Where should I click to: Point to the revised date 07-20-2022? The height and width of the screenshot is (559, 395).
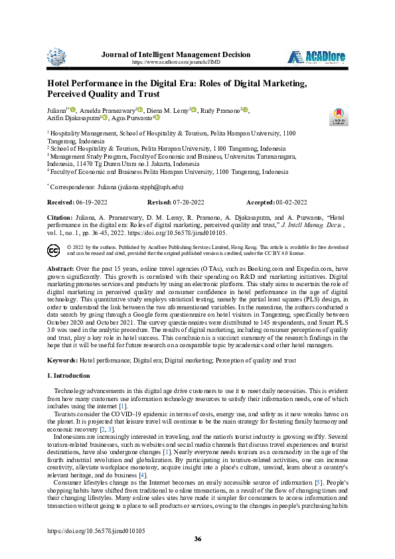click(189, 201)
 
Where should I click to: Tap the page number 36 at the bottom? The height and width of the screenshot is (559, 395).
click(197, 539)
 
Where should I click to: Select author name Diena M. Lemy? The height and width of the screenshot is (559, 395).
click(168, 109)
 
